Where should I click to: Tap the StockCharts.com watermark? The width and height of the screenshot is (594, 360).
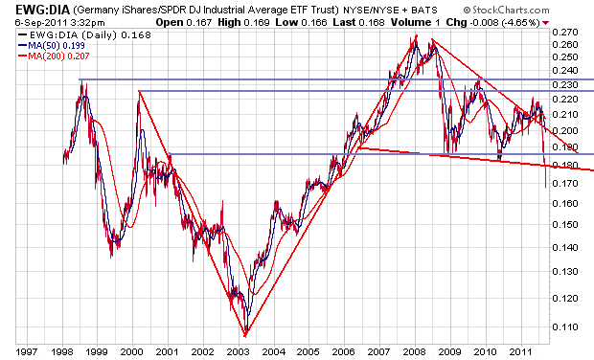click(x=507, y=10)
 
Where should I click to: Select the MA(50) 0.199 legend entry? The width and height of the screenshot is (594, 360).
click(x=52, y=45)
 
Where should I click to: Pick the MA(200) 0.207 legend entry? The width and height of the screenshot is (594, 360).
click(x=54, y=56)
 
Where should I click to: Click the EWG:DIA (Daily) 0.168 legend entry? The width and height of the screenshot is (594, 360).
click(x=84, y=35)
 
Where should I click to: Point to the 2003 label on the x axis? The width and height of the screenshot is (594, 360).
click(x=239, y=351)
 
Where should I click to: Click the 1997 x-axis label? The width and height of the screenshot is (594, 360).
click(x=27, y=351)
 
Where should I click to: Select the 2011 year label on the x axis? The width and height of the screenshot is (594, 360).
click(x=521, y=351)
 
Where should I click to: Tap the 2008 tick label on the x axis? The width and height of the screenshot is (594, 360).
click(x=415, y=351)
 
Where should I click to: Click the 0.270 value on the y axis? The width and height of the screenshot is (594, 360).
click(x=565, y=32)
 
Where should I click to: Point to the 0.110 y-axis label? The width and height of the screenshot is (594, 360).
click(x=565, y=326)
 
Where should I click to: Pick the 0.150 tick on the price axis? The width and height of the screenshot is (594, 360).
click(x=565, y=224)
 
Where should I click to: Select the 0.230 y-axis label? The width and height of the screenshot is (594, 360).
click(x=565, y=84)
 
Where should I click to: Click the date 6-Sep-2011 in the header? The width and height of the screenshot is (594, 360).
click(x=41, y=23)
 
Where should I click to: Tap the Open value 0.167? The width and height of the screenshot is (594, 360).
click(x=199, y=23)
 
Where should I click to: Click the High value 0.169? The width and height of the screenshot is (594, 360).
click(x=257, y=23)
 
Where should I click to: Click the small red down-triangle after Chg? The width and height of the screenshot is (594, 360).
click(x=545, y=23)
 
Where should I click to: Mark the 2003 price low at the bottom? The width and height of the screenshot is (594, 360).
click(x=245, y=335)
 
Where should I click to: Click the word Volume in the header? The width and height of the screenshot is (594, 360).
click(x=411, y=23)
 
